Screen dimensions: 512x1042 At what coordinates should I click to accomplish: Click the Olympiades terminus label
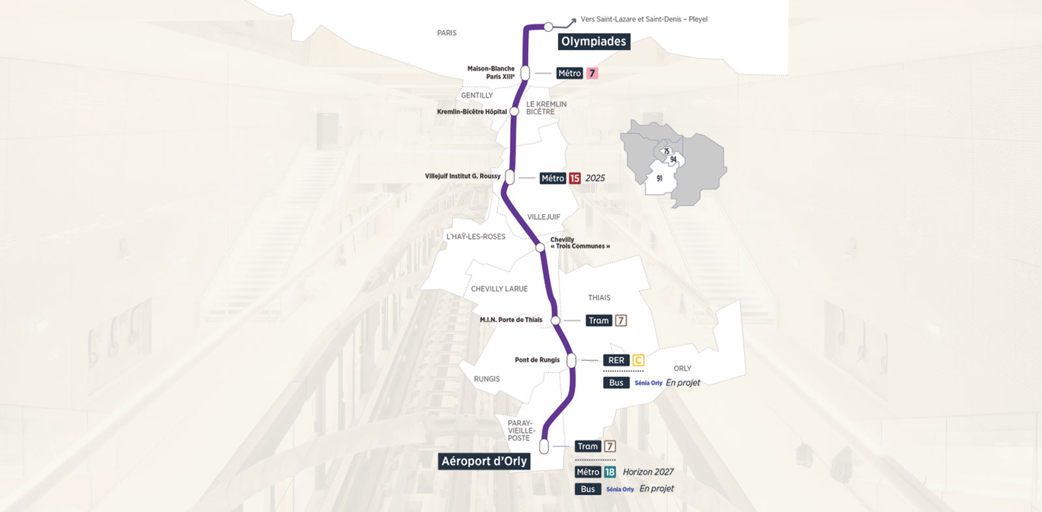pos(593,42)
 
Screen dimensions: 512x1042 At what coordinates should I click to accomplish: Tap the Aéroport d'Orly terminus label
pos(484,461)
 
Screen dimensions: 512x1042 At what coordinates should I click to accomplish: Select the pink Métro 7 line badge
pos(592,74)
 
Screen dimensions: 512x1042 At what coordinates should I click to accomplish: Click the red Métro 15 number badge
pos(574,178)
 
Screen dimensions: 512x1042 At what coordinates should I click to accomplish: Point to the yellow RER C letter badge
pos(638,360)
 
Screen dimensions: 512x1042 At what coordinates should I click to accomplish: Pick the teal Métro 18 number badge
pos(610,472)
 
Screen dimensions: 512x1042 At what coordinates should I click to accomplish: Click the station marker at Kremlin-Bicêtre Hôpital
pos(514,111)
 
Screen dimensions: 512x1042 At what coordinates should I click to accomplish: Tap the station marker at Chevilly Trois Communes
pos(540,247)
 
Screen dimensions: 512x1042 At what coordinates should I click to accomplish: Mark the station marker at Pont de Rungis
pos(571,360)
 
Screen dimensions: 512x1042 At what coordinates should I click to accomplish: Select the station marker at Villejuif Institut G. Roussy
pos(510,177)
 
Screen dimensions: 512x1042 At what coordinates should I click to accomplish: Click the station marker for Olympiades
pos(548,27)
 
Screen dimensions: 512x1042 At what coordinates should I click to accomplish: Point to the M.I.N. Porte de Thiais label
pos(511,320)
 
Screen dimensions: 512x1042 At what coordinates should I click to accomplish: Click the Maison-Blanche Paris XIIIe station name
pos(491,72)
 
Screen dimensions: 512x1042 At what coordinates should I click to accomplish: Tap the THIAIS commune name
pos(599,298)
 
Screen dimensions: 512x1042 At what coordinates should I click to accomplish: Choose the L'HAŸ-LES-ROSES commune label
pos(475,237)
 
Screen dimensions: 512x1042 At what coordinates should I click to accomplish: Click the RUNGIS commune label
pos(486,379)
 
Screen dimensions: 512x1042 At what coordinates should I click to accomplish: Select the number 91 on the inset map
pos(659,178)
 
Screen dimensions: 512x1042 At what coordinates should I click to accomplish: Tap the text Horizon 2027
pos(648,472)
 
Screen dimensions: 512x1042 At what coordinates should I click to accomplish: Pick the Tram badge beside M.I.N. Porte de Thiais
pos(598,321)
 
